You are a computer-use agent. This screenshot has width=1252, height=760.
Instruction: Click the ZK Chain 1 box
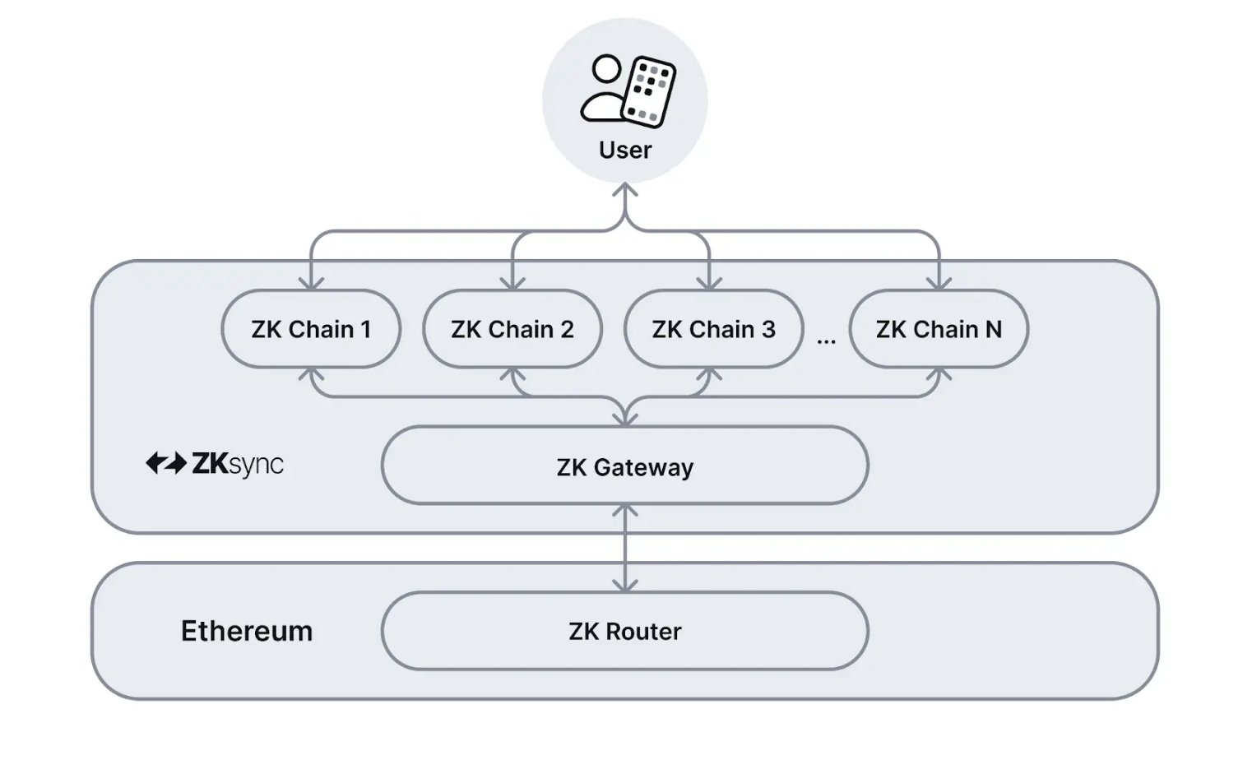click(311, 329)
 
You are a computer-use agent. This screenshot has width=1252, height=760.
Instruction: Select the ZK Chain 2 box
click(512, 329)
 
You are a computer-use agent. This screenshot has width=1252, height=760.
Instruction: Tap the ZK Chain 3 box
click(713, 329)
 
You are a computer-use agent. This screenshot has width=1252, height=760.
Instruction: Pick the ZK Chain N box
click(939, 329)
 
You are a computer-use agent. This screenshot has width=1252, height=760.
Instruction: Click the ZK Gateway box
click(624, 466)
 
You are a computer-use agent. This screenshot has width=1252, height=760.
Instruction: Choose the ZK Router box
click(624, 631)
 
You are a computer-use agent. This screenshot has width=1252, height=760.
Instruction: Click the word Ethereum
click(247, 631)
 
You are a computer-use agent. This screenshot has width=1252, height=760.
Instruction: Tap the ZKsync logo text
click(238, 464)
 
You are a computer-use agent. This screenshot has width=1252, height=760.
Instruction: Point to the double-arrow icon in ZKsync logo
click(166, 463)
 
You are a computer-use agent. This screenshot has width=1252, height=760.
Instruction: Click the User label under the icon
click(624, 150)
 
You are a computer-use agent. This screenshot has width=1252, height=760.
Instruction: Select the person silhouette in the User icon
click(603, 89)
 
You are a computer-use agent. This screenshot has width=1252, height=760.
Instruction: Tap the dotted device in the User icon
click(650, 90)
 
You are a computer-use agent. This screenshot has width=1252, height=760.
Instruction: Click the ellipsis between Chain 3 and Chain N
click(826, 341)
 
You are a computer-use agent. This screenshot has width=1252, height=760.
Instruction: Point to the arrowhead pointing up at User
click(625, 191)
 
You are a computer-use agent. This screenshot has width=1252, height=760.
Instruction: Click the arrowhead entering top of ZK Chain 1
click(311, 283)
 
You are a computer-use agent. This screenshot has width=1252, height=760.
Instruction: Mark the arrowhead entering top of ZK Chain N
click(939, 283)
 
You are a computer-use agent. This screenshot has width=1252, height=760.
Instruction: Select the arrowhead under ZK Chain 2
click(512, 375)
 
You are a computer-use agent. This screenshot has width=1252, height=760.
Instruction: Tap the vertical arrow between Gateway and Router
click(625, 548)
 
